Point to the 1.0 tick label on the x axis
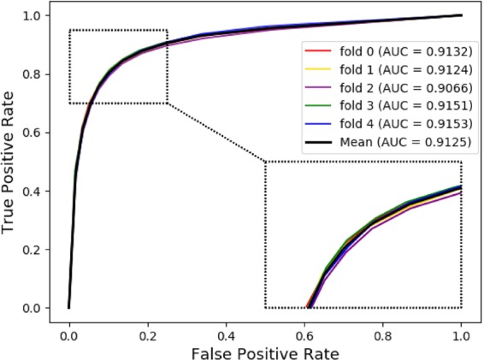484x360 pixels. pyautogui.click(x=462, y=326)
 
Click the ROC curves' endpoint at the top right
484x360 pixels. pyautogui.click(x=462, y=15)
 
